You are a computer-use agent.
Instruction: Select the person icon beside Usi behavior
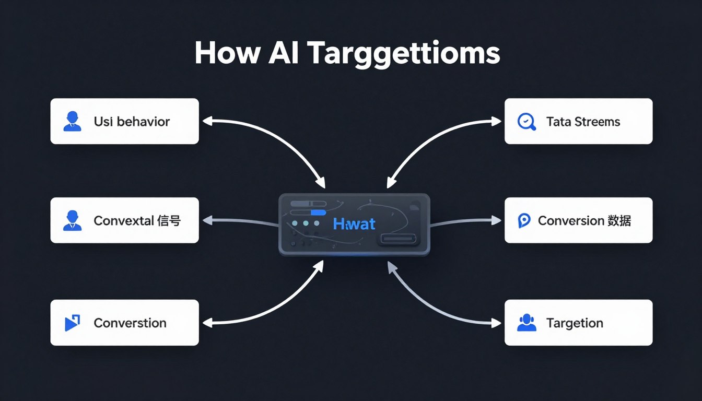coord(72,121)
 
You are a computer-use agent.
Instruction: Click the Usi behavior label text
coord(132,122)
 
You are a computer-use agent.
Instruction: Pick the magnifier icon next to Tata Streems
coord(526,122)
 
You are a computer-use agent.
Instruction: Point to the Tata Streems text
coord(583,122)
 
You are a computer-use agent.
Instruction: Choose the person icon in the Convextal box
coord(72,220)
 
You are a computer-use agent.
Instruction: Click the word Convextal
coord(123,221)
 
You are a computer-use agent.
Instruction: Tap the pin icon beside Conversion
coord(524,221)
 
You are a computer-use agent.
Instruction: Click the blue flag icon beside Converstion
coord(72,323)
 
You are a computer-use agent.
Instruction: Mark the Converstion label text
coord(130,323)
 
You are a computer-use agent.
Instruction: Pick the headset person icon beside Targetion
coord(526,323)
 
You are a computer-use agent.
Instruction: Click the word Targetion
coord(575,323)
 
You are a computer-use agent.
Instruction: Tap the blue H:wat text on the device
coord(354,224)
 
